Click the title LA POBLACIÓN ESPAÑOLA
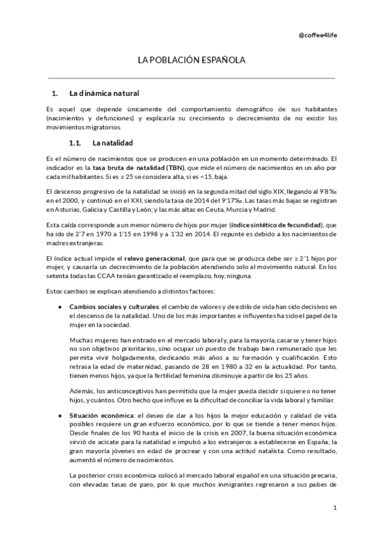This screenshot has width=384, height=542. tap(191, 60)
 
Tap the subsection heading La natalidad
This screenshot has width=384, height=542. tap(113, 143)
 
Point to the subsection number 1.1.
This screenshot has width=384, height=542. tap(77, 143)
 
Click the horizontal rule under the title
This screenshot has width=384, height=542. tap(191, 78)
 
